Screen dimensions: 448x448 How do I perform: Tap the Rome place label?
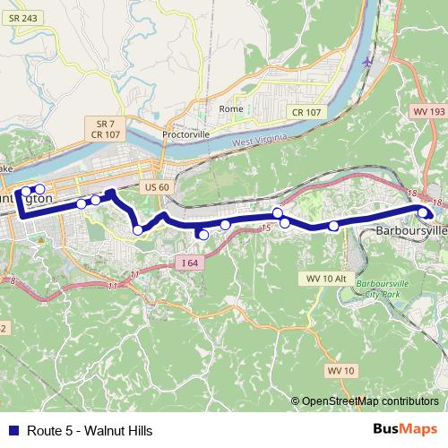click(230, 109)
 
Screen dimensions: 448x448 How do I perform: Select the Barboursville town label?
click(410, 230)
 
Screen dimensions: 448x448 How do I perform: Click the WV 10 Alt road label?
click(325, 279)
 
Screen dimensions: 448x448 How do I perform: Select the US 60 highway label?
click(156, 187)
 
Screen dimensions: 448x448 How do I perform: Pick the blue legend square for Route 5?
click(13, 429)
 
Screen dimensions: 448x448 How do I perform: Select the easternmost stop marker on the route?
click(424, 211)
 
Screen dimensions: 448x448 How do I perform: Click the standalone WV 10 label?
click(340, 370)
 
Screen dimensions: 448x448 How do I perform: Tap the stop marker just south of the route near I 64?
click(203, 235)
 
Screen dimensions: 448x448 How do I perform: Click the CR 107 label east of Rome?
click(306, 112)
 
